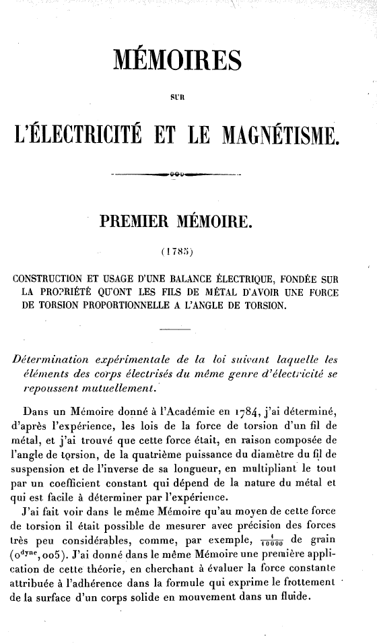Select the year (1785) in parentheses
(x=176, y=253)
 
